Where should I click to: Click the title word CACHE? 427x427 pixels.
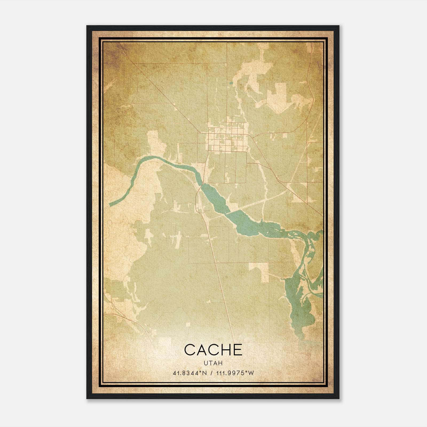pyautogui.click(x=213, y=350)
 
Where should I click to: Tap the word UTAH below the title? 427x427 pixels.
pyautogui.click(x=213, y=363)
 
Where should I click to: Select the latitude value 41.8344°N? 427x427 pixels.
pyautogui.click(x=190, y=373)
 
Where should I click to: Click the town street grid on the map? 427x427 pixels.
pyautogui.click(x=227, y=139)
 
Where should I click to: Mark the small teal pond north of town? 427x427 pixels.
pyautogui.click(x=231, y=83)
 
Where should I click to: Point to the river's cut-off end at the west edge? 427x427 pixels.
pyautogui.click(x=110, y=204)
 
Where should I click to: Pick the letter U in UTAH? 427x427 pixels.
pyautogui.click(x=205, y=363)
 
